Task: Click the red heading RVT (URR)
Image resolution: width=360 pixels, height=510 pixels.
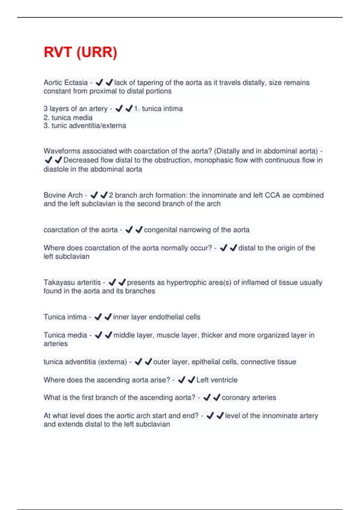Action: point(80,52)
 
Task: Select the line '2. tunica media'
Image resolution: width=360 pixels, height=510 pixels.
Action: point(68,117)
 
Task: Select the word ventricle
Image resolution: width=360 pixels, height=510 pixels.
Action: point(223,380)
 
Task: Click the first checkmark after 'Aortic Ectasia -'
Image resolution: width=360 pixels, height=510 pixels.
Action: point(99,82)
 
